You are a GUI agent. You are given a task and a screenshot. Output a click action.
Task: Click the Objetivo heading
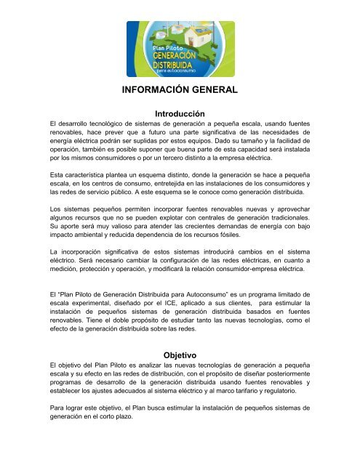(x=180, y=349)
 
